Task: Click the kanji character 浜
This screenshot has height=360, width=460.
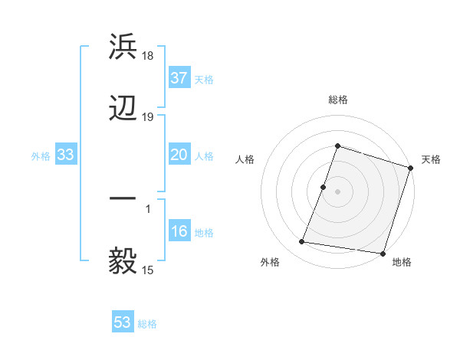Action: [123, 46]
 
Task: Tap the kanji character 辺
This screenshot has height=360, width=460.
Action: [123, 108]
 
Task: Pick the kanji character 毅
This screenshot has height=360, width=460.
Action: [123, 261]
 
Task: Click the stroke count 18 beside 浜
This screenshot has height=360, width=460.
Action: [149, 56]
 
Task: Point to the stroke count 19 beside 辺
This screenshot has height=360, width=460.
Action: [149, 117]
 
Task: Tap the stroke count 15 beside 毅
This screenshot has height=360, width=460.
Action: [149, 270]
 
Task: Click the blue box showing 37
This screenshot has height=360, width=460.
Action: [179, 78]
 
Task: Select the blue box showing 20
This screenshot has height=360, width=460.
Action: [179, 155]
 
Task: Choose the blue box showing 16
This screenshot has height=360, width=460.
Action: [179, 232]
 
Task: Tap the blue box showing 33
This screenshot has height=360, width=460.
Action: [65, 155]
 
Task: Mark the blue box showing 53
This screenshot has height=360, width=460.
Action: [123, 322]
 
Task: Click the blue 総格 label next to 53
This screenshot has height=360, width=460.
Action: [147, 324]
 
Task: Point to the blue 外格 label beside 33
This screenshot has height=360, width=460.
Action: [41, 156]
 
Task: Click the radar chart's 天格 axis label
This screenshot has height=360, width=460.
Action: [431, 159]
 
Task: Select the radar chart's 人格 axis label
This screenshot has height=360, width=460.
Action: [245, 159]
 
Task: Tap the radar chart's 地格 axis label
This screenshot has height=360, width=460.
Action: [402, 263]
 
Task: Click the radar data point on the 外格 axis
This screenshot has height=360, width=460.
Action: [302, 242]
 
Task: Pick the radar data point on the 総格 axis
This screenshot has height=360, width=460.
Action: [337, 146]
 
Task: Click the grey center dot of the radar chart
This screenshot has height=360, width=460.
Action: [337, 190]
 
